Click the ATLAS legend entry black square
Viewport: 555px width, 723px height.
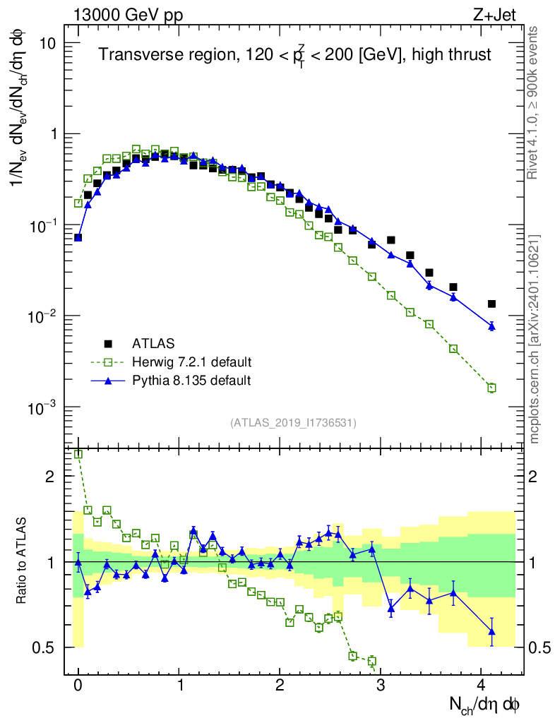108,344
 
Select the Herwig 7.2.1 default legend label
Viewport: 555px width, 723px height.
192,362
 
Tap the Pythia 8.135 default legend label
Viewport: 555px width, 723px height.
191,381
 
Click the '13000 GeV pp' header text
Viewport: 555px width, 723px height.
128,15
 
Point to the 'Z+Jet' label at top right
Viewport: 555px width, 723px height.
494,15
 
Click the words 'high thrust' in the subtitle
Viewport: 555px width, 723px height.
451,54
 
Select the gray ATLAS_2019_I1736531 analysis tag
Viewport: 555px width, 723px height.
293,422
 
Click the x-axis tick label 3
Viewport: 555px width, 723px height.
381,685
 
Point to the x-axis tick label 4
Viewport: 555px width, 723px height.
481,685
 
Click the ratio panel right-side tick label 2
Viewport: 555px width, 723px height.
532,477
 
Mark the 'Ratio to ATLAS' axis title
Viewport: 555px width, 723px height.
21,561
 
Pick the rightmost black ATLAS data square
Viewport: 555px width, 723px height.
491,304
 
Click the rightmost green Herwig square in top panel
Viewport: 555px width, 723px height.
491,388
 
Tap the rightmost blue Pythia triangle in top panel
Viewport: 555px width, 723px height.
491,326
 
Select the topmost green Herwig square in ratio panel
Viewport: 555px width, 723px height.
78,454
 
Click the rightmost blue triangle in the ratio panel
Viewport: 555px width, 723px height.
491,631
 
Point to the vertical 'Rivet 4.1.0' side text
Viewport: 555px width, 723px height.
532,103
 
